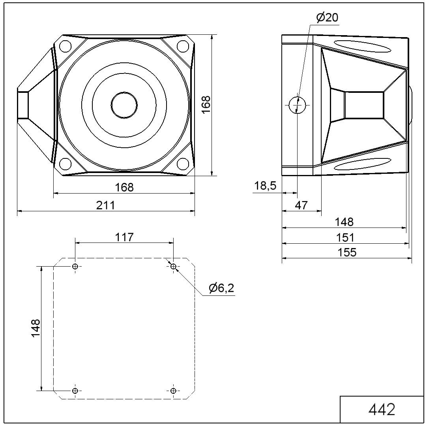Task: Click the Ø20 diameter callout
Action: point(327,18)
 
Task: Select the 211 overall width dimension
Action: point(105,205)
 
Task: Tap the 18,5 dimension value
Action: point(265,186)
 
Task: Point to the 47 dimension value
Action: point(301,205)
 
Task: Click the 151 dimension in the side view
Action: point(345,238)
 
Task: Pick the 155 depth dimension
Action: point(346,252)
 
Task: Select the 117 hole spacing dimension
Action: point(124,237)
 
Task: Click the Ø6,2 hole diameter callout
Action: point(221,288)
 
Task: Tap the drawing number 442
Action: point(382,410)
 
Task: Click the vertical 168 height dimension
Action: point(206,105)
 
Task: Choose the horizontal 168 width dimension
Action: point(124,187)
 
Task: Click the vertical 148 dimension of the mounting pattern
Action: point(36,328)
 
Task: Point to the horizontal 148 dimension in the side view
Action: point(344,222)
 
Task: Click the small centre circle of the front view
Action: point(124,105)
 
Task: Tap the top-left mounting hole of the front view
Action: point(65,46)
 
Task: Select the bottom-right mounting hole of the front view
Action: point(183,164)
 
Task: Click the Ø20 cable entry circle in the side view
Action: point(297,105)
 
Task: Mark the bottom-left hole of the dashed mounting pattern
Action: point(75,391)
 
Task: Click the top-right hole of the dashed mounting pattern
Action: point(174,266)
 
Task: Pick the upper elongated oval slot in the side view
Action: point(362,46)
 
